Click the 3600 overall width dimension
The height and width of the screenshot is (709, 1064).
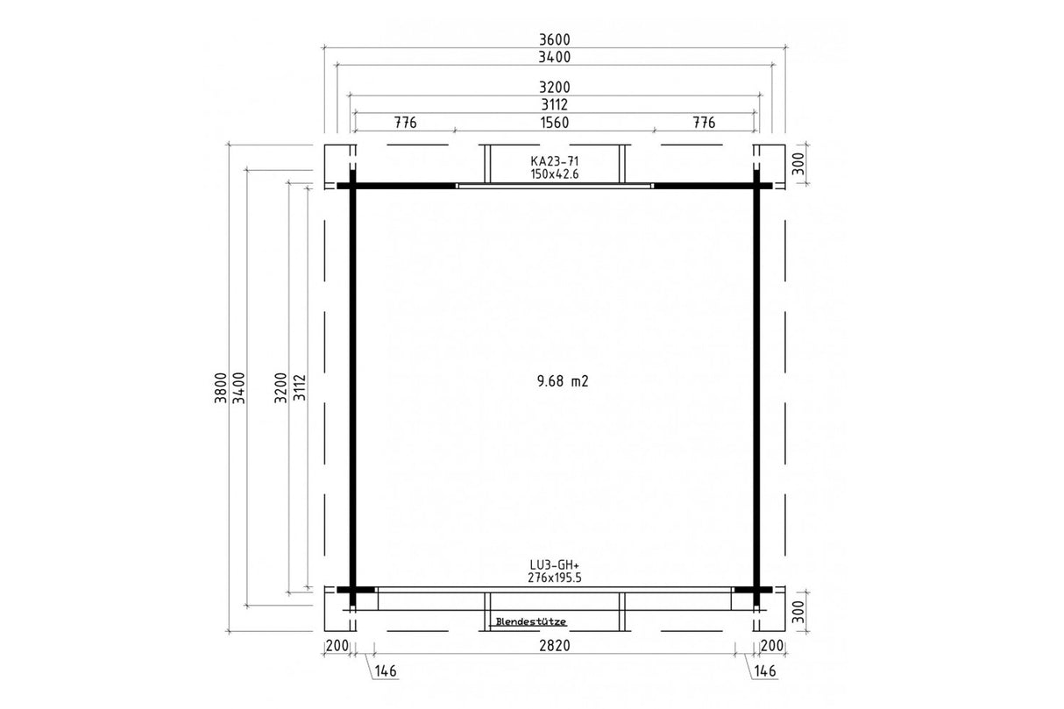554,39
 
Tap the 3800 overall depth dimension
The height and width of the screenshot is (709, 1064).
220,388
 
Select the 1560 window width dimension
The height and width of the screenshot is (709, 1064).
554,123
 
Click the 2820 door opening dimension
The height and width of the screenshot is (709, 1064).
554,645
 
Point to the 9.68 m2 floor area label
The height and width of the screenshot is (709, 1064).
563,381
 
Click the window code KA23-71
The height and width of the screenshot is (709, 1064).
554,161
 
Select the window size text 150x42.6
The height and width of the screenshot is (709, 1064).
554,174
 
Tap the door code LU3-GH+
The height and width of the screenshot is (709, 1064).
554,565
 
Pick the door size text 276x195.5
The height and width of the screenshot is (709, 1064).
554,578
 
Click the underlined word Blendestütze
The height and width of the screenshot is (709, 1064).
530,621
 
